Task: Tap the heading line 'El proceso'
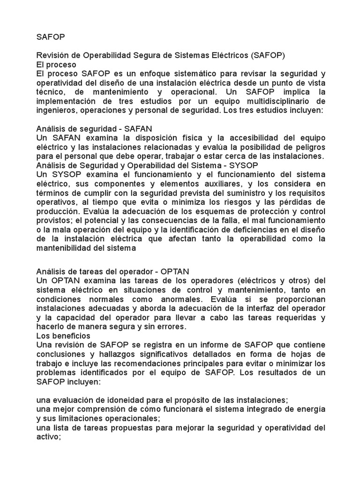[x=56, y=65]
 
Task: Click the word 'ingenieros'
[x=57, y=110]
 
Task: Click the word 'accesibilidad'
[x=244, y=138]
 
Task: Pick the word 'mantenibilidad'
[x=65, y=248]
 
